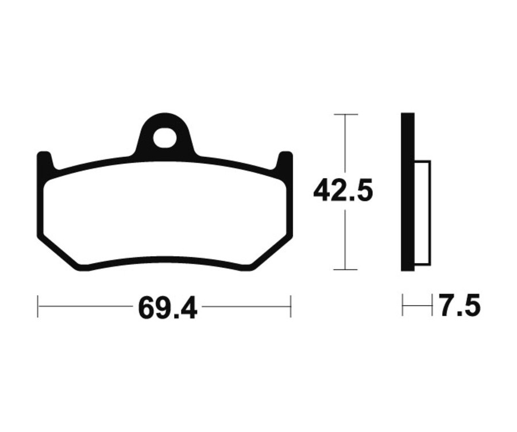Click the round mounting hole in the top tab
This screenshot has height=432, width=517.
[164, 137]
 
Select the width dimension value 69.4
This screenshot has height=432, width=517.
[167, 309]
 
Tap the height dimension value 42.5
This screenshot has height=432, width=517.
[343, 191]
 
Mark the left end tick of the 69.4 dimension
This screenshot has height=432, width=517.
[38, 306]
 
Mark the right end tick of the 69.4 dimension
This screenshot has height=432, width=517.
[291, 306]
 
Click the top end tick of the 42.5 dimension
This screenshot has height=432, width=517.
[345, 114]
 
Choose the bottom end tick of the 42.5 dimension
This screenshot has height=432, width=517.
[345, 269]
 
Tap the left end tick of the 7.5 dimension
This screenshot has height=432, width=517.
[403, 306]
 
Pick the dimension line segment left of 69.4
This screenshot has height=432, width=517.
[86, 306]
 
